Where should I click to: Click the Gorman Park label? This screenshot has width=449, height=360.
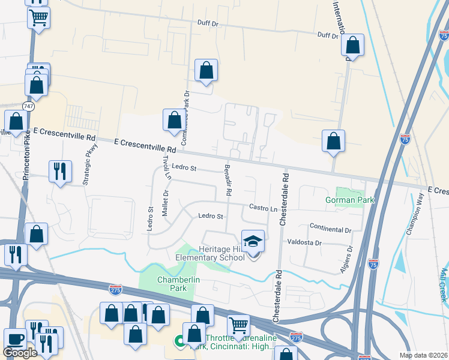349,200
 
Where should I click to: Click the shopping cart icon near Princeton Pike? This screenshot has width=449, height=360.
38,17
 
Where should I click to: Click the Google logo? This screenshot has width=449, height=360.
20,353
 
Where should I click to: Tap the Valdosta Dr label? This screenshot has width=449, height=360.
305,243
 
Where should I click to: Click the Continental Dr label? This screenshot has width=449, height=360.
330,229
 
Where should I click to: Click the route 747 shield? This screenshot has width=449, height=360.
28,106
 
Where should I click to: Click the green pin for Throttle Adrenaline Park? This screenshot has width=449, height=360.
179,342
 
